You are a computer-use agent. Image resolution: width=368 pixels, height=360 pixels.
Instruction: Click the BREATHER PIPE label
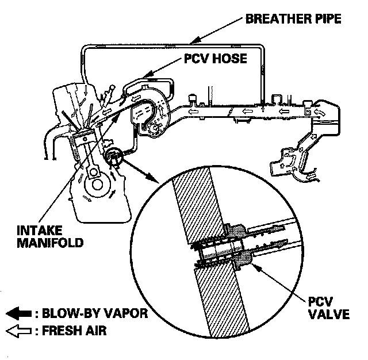[294, 18]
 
